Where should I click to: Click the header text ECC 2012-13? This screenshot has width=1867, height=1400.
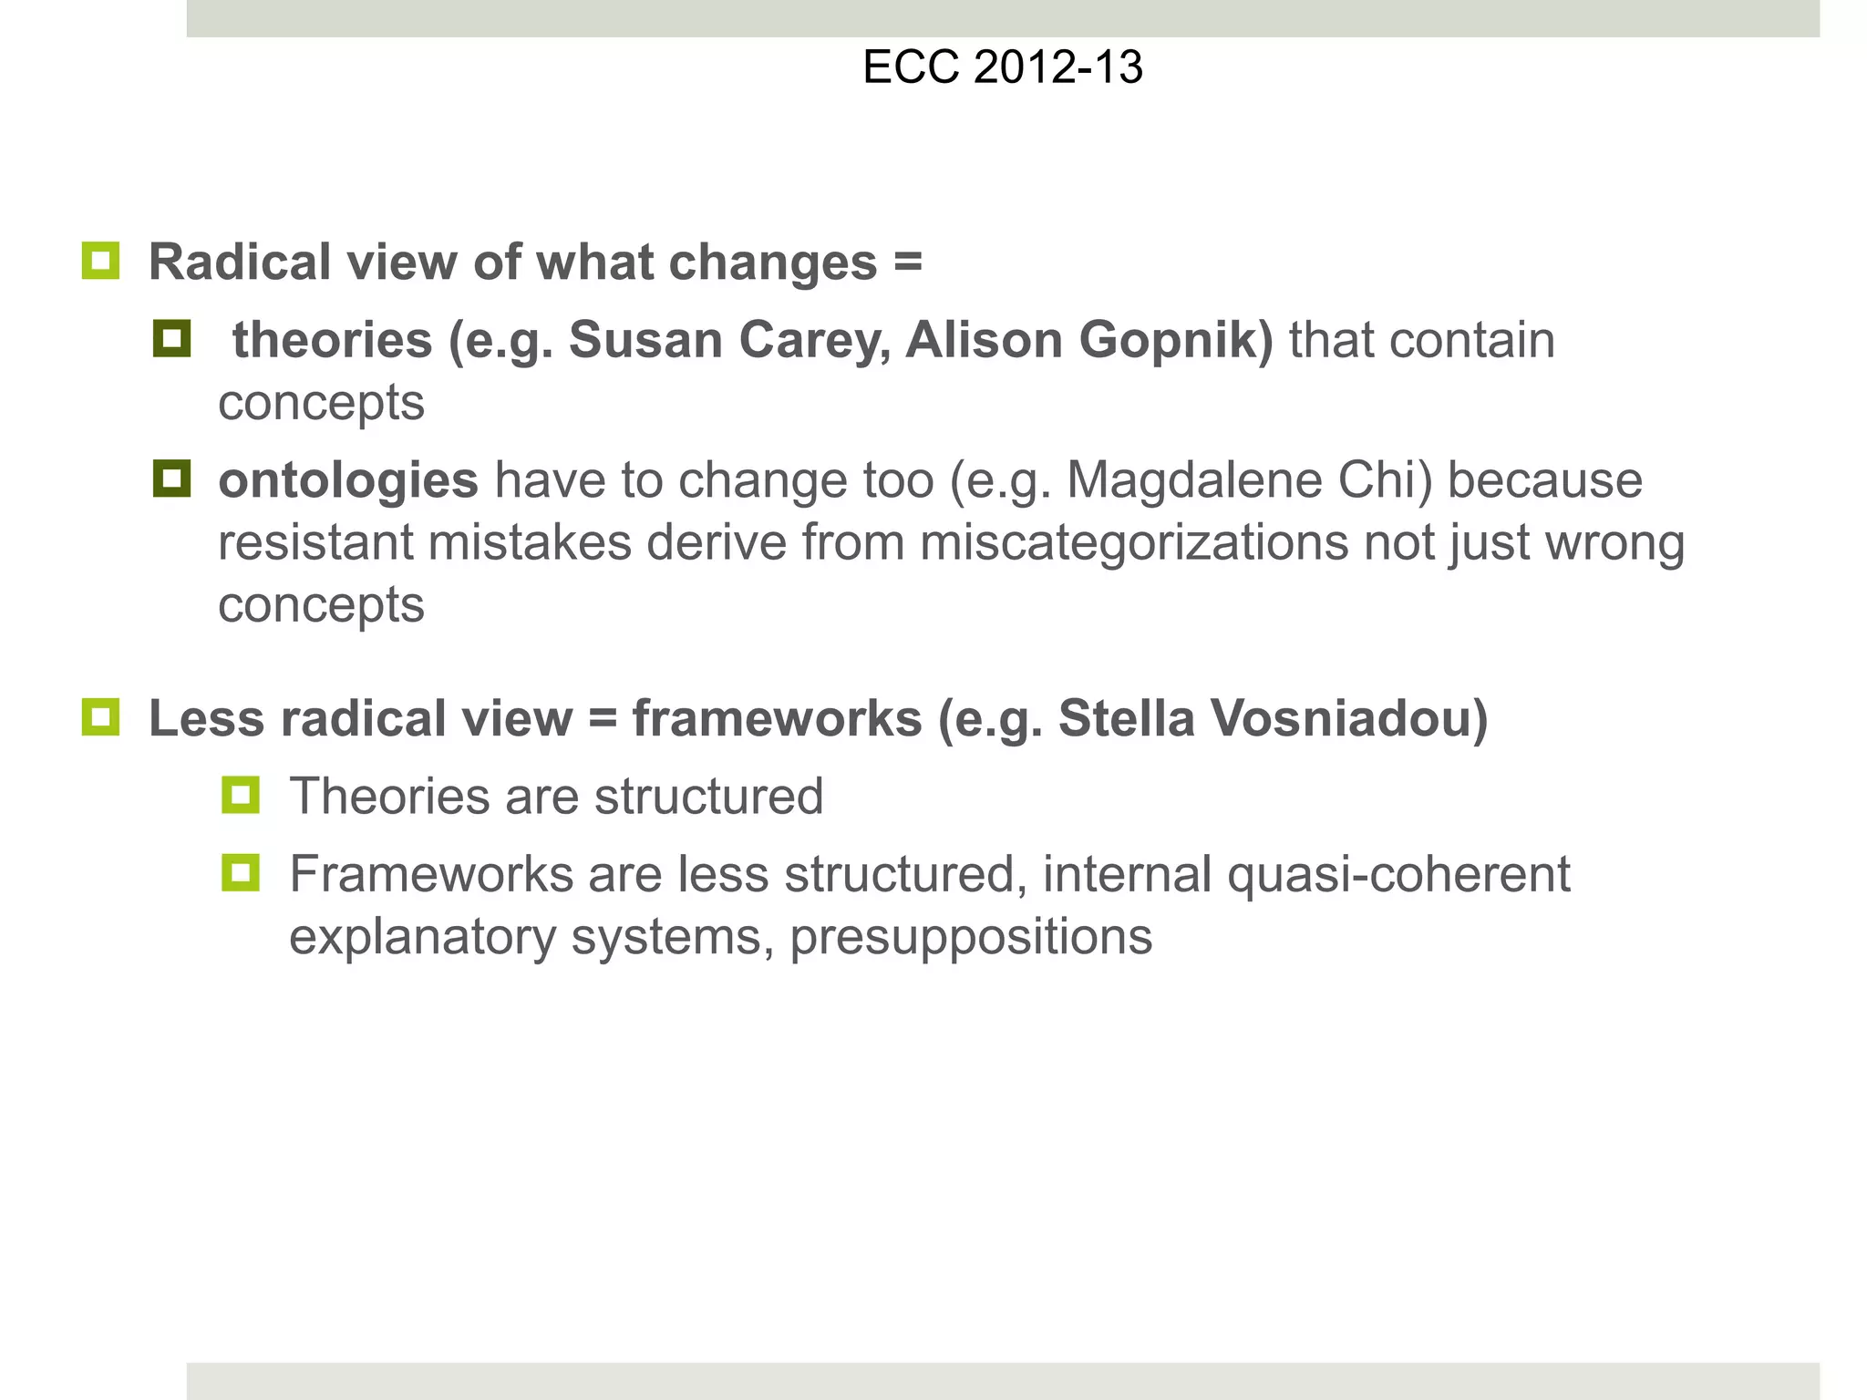click(x=1002, y=67)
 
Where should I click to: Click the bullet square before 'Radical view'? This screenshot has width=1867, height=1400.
click(x=100, y=261)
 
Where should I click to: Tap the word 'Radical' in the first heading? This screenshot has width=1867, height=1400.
click(x=240, y=262)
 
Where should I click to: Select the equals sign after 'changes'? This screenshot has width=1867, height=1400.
click(x=907, y=262)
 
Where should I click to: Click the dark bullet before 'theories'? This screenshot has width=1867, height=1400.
click(x=171, y=339)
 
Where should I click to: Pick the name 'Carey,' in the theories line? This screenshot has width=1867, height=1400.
click(x=815, y=341)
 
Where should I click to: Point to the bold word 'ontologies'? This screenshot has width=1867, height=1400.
click(x=348, y=480)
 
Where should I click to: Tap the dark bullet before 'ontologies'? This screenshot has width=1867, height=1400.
click(x=171, y=479)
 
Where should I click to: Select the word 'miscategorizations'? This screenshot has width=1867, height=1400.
click(x=1133, y=542)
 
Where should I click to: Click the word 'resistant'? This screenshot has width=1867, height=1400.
click(x=315, y=542)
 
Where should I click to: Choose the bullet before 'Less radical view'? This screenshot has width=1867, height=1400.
click(x=100, y=716)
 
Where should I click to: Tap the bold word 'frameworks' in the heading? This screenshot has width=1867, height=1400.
click(x=778, y=718)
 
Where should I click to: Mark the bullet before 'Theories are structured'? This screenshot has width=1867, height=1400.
click(x=241, y=795)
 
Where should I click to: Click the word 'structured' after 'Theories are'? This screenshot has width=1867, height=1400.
click(x=708, y=797)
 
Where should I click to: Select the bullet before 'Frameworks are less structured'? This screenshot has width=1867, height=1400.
click(x=241, y=872)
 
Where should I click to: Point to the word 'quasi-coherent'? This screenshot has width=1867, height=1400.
click(x=1398, y=874)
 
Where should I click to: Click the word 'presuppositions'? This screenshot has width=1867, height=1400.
click(x=971, y=937)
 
